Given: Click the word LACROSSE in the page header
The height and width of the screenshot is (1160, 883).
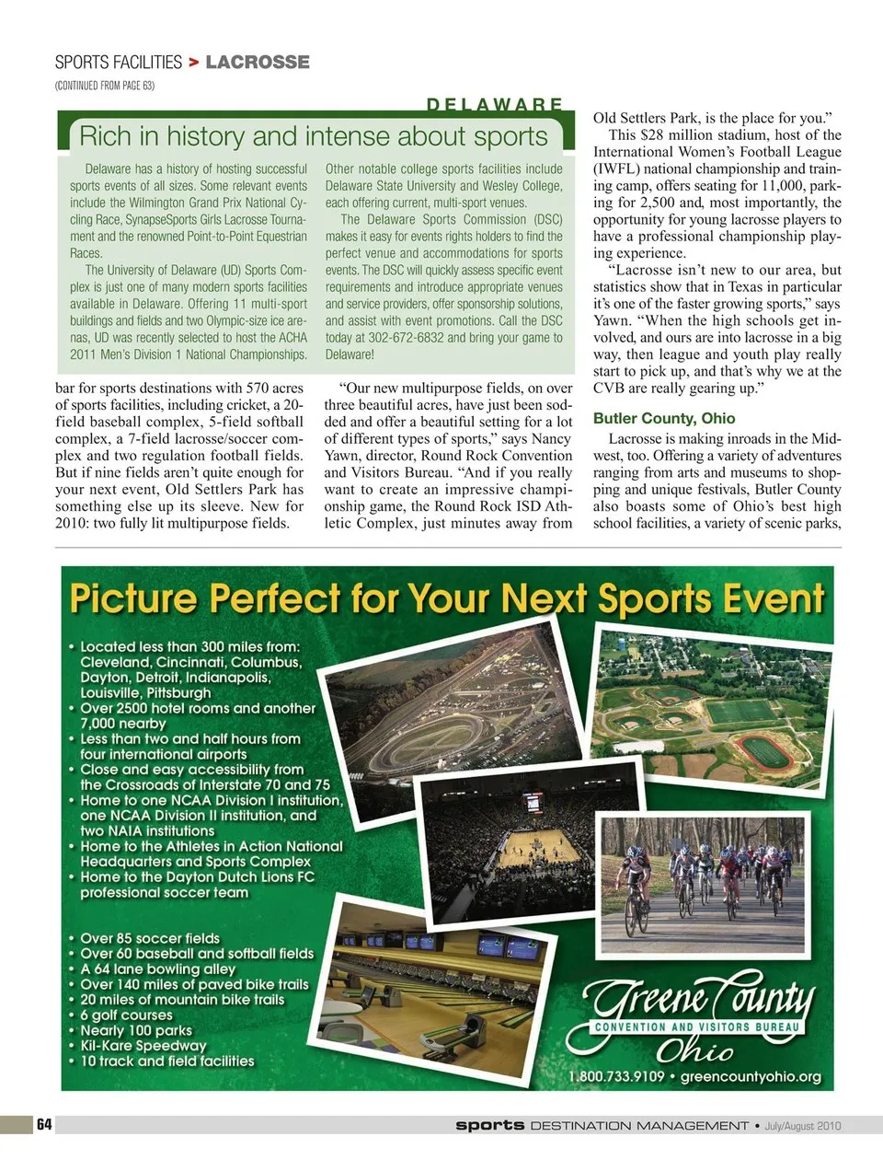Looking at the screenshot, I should pyautogui.click(x=258, y=63).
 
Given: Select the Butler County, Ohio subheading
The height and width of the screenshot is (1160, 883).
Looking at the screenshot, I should pyautogui.click(x=664, y=418).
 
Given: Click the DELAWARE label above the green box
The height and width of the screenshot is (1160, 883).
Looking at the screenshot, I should pyautogui.click(x=496, y=105).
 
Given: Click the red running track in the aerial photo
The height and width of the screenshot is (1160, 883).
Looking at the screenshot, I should pyautogui.click(x=770, y=750).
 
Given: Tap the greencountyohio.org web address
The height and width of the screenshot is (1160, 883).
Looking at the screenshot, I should pyautogui.click(x=751, y=1076).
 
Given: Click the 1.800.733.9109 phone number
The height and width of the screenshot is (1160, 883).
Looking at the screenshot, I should pyautogui.click(x=616, y=1076).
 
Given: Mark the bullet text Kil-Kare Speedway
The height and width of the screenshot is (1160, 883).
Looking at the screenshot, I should pyautogui.click(x=143, y=1046).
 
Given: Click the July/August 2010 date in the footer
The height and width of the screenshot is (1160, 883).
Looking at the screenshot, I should pyautogui.click(x=803, y=1125).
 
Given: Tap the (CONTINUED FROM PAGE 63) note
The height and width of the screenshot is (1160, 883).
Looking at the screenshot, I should pyautogui.click(x=104, y=86).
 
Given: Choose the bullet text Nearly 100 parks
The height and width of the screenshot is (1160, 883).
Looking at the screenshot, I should pyautogui.click(x=136, y=1030).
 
